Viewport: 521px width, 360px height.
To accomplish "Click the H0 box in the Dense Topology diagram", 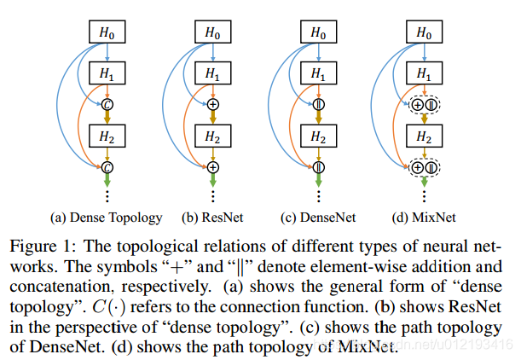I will (x=107, y=32).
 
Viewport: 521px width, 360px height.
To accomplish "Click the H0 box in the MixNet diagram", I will (x=422, y=32).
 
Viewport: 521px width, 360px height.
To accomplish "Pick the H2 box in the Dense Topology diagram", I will (x=107, y=136).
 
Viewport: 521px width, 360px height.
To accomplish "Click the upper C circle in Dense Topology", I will (x=107, y=104).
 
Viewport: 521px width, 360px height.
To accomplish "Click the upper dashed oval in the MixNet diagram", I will (x=423, y=104).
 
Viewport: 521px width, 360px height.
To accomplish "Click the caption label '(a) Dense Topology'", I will (x=107, y=218).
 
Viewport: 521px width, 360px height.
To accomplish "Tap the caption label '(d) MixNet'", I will (x=423, y=218).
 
